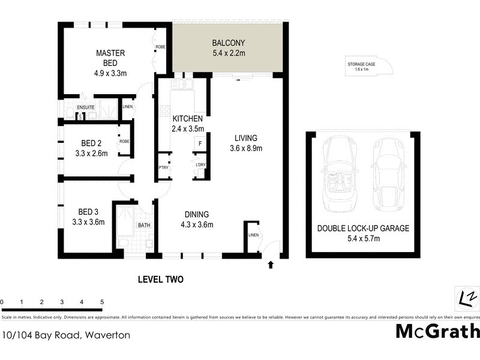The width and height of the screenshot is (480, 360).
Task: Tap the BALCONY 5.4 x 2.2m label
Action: click(229, 48)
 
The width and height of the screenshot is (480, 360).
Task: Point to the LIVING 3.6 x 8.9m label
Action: click(246, 143)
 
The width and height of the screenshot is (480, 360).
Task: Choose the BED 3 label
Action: click(91, 217)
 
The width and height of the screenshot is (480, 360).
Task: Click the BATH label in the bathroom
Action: click(144, 226)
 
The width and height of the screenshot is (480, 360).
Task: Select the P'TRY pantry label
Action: click(163, 167)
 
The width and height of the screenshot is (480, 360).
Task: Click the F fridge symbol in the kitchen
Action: click(199, 143)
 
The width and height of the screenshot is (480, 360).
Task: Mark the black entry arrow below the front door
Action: click(271, 263)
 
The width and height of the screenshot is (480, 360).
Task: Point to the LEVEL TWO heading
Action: click(160, 279)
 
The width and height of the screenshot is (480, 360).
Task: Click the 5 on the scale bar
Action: click(102, 302)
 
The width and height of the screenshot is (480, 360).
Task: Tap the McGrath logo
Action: click(437, 331)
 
